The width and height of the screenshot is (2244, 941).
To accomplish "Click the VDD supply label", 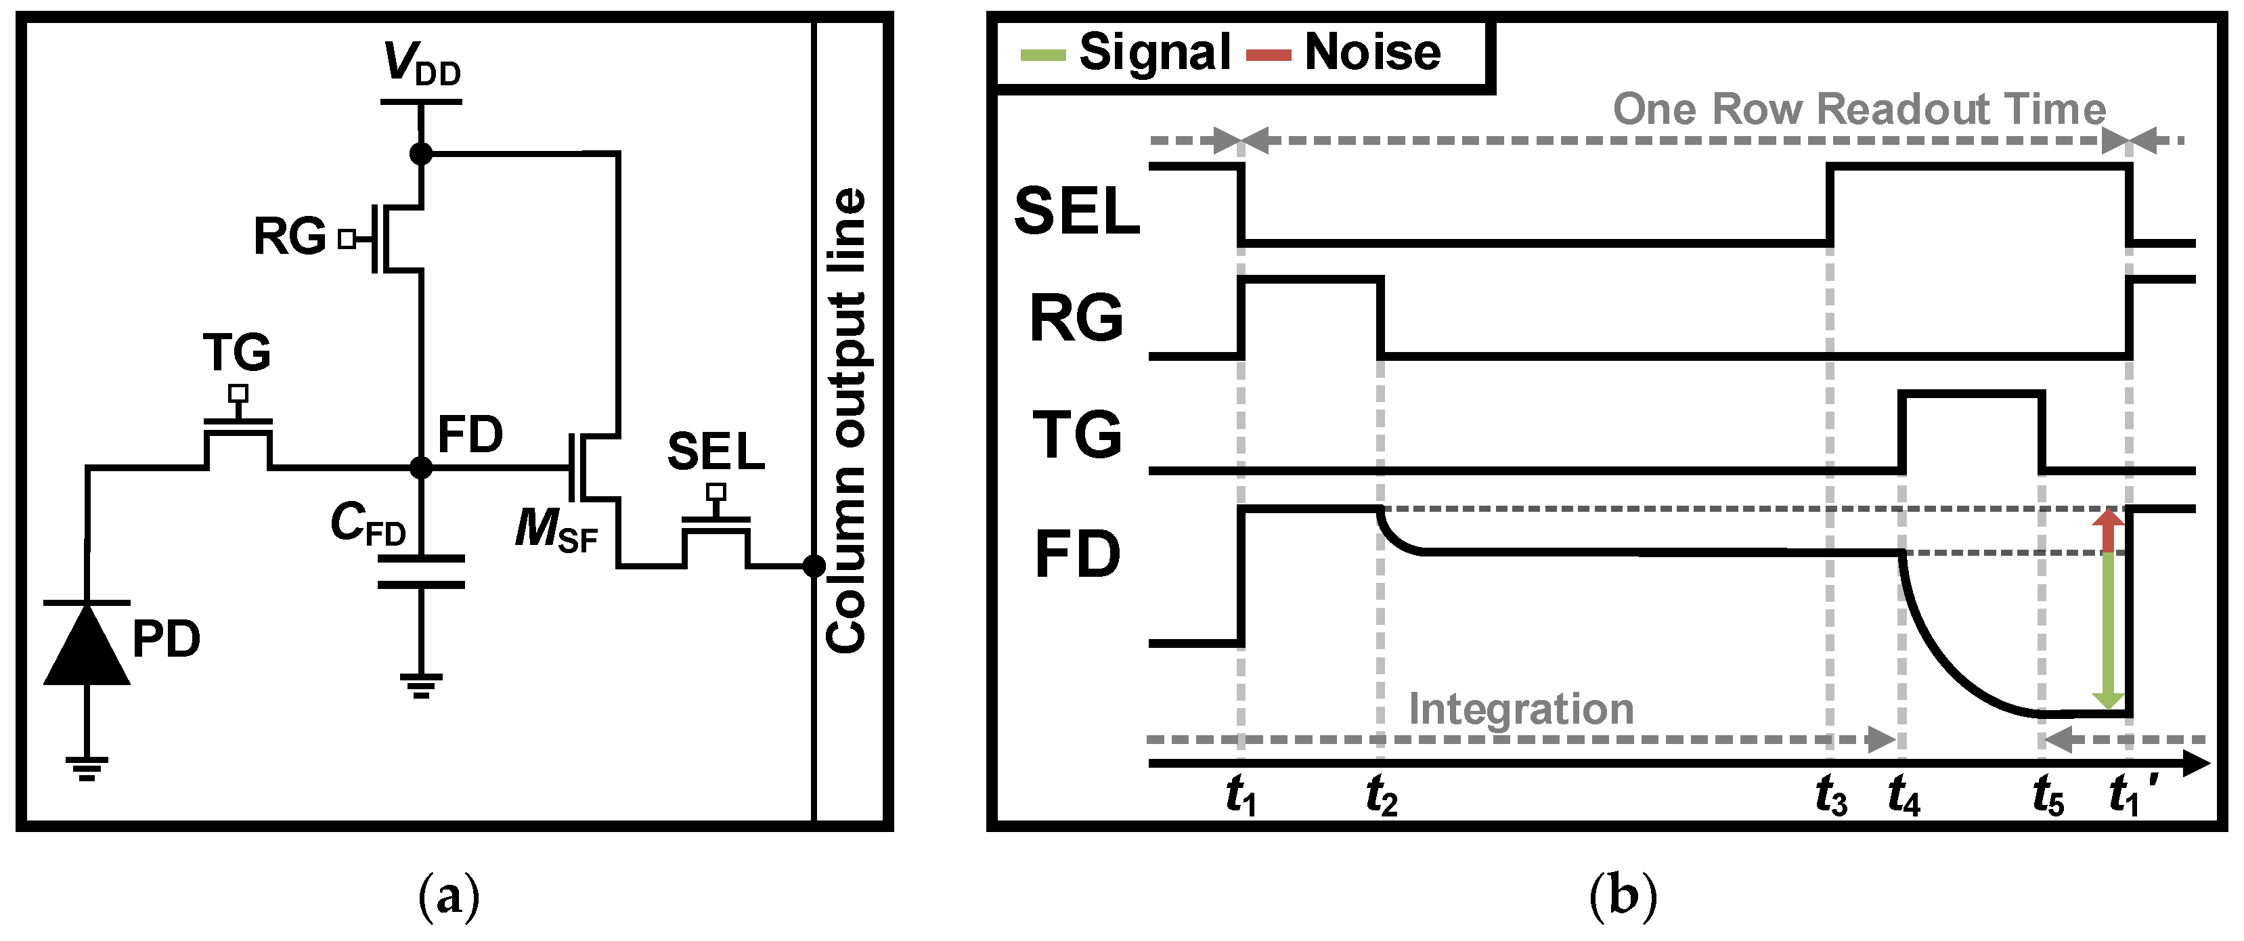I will tap(422, 64).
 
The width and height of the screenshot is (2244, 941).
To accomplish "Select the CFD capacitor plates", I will tap(421, 571).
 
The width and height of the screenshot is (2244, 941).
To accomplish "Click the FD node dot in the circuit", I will tap(421, 468).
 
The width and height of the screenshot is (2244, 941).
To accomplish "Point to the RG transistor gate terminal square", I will tap(347, 239).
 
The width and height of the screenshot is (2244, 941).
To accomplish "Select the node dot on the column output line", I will tap(814, 567).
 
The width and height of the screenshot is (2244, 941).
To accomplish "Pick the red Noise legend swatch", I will tap(1269, 56).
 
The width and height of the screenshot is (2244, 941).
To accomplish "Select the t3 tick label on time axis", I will tap(1830, 796).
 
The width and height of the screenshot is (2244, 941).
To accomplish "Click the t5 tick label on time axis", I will tap(2048, 796).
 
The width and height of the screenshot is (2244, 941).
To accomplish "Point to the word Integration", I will tap(1521, 708).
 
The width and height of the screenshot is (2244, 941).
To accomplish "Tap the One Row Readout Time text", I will tap(1859, 110).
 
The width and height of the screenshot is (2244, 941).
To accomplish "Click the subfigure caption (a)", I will tap(449, 896).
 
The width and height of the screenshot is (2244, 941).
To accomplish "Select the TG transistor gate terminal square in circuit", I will tap(238, 393).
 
